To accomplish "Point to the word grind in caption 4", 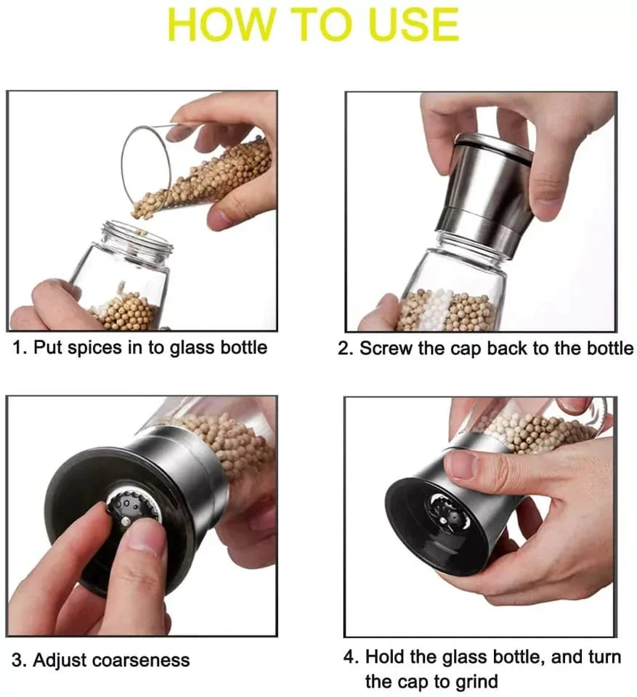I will (473, 681).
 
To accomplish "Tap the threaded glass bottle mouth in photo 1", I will (138, 238).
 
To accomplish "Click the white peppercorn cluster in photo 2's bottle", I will (436, 309).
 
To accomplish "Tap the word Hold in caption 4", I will (385, 658).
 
